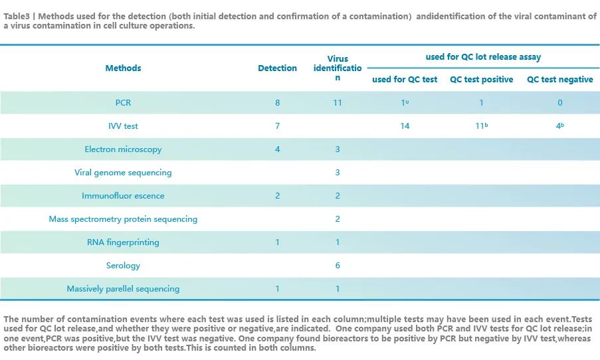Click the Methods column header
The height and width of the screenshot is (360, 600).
click(x=123, y=68)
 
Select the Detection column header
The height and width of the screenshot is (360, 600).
click(x=277, y=68)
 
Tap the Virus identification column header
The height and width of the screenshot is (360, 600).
click(x=338, y=68)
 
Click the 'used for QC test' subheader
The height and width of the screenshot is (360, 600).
click(x=405, y=80)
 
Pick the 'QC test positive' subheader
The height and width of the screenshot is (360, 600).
click(x=481, y=80)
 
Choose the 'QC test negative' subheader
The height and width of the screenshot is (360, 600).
click(x=559, y=80)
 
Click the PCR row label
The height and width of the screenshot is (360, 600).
click(x=123, y=103)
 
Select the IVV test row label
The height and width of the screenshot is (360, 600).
click(x=123, y=126)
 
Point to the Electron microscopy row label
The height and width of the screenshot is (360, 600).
click(x=123, y=149)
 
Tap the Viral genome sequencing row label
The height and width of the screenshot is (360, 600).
click(x=123, y=173)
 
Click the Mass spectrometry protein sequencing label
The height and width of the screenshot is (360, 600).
click(x=123, y=219)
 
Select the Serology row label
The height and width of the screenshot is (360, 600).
click(x=123, y=266)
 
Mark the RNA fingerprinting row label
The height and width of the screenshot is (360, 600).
click(x=123, y=242)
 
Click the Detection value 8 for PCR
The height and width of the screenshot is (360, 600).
click(x=277, y=103)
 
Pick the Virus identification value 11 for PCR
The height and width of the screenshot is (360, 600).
click(x=338, y=103)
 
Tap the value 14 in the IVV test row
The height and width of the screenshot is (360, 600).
click(x=405, y=126)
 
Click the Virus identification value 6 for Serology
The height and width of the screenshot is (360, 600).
click(x=338, y=266)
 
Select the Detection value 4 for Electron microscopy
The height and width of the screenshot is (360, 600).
click(x=277, y=149)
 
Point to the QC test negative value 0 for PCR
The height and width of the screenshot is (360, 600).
click(x=559, y=103)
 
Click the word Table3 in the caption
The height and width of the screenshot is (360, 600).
click(x=16, y=17)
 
